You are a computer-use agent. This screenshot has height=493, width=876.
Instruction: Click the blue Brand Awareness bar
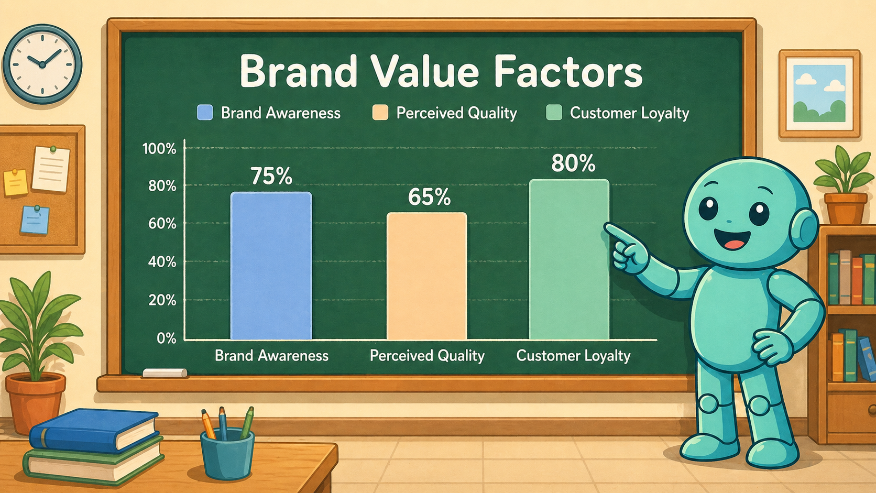[271, 266]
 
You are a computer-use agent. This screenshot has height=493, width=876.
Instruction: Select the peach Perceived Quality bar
[426, 276]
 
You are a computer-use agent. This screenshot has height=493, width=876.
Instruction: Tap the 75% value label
[271, 176]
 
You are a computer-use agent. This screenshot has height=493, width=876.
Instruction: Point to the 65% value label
[429, 197]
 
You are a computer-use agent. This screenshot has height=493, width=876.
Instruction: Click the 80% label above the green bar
[573, 163]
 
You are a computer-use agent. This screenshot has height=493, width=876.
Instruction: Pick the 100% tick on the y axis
[159, 149]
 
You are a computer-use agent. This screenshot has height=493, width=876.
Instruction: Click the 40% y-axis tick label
[162, 262]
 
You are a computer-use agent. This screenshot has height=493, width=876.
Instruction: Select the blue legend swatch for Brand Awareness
[205, 113]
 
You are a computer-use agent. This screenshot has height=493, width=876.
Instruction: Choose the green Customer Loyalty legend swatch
[554, 113]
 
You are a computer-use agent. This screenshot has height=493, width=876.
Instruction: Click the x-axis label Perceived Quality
[427, 355]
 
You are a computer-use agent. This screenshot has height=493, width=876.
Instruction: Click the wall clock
[42, 64]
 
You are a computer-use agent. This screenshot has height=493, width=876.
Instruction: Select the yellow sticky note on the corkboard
[16, 182]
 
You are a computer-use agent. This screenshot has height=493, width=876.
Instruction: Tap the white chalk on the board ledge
[165, 373]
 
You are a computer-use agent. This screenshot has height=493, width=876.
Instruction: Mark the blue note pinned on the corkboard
[35, 220]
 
